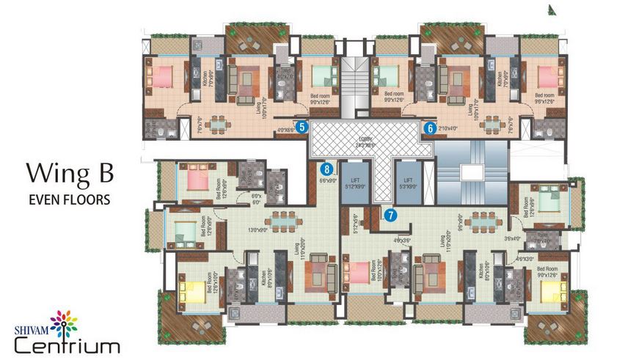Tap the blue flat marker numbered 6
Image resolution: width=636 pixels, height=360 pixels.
430,128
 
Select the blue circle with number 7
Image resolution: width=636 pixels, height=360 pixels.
390,215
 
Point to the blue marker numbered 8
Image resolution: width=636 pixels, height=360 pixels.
331,168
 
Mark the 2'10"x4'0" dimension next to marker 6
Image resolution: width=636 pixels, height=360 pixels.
448,128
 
